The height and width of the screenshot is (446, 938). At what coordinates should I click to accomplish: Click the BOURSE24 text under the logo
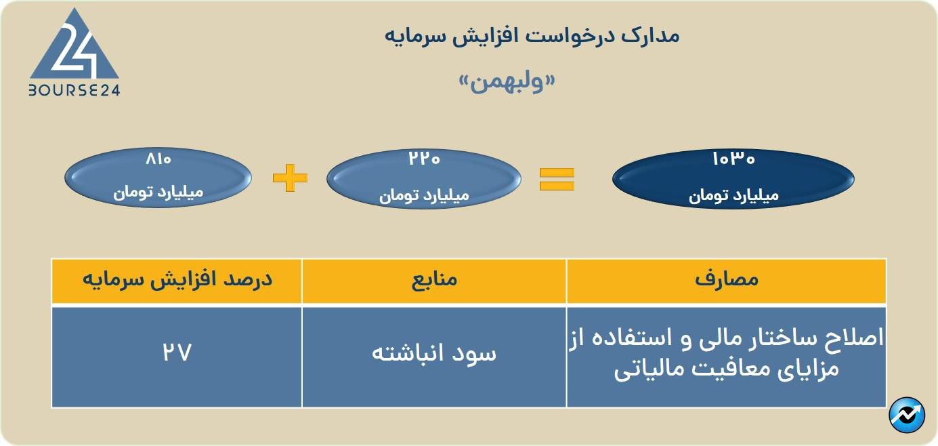pyautogui.click(x=74, y=90)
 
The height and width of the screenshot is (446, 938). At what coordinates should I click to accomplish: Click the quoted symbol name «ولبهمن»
pyautogui.click(x=507, y=82)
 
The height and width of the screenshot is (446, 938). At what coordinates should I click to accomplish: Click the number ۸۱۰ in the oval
pyautogui.click(x=158, y=159)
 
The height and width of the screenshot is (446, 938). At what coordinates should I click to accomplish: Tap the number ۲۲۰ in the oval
pyautogui.click(x=424, y=159)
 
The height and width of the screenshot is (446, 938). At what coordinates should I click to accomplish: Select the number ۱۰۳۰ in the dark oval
pyautogui.click(x=733, y=159)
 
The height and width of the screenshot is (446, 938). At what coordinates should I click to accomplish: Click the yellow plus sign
pyautogui.click(x=290, y=178)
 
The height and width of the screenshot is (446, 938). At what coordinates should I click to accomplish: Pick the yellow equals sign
pyautogui.click(x=557, y=179)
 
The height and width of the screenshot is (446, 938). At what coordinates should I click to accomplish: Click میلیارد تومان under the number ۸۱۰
pyautogui.click(x=158, y=192)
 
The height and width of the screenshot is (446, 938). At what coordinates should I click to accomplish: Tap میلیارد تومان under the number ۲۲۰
pyautogui.click(x=424, y=196)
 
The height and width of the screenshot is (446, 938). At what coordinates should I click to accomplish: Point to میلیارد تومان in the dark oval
pyautogui.click(x=733, y=196)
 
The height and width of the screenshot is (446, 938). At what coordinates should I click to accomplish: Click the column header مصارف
pyautogui.click(x=727, y=279)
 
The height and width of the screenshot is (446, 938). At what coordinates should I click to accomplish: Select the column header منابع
pyautogui.click(x=434, y=279)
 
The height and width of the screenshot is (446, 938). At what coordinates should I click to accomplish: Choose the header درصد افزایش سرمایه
pyautogui.click(x=177, y=279)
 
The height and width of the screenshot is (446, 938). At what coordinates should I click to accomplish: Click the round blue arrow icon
pyautogui.click(x=907, y=415)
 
